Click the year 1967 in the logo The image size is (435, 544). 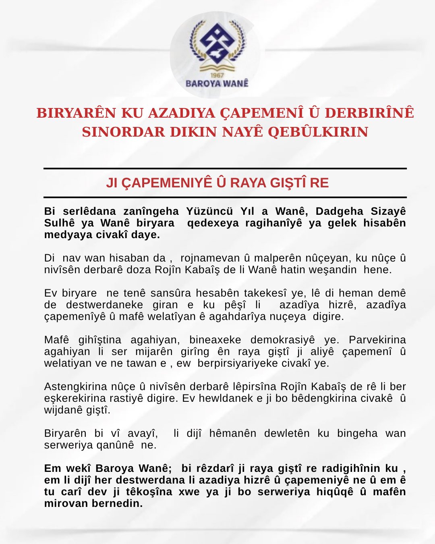(x=217, y=75)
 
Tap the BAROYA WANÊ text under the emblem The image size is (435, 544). (x=217, y=83)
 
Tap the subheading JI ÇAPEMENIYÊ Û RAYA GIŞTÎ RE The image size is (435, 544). (x=217, y=183)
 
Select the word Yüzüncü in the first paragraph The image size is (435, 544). (x=209, y=211)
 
